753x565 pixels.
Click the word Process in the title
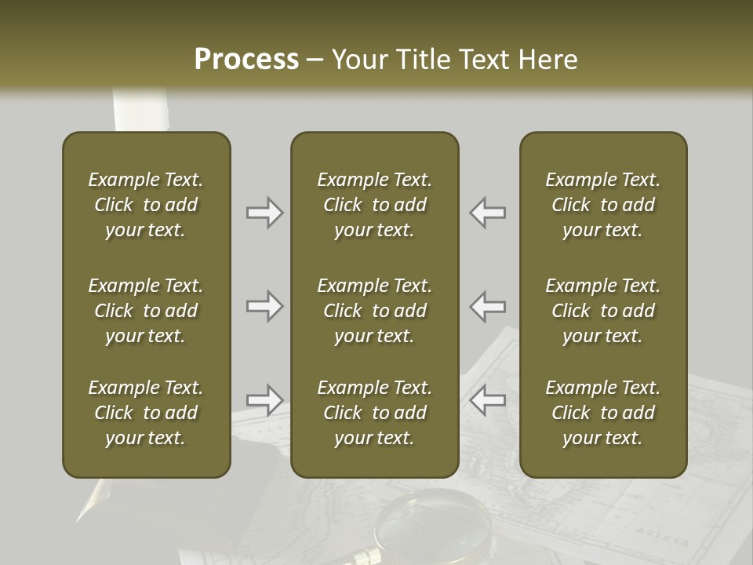[246, 60]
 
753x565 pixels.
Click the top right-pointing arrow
[265, 213]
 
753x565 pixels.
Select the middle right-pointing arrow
[265, 306]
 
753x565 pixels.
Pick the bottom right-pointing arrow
[265, 400]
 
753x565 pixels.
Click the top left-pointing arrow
[488, 213]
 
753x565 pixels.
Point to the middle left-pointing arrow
[488, 306]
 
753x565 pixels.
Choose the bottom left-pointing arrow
[488, 400]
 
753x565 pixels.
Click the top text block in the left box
[146, 205]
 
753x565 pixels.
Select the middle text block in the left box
[146, 311]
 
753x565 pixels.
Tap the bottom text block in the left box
[146, 413]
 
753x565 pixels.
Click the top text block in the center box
[374, 205]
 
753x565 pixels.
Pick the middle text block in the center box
[374, 311]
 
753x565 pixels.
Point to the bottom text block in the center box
[374, 413]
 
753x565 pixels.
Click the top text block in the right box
[602, 205]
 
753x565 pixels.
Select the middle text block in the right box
[602, 311]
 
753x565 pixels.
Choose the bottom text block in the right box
[602, 413]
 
